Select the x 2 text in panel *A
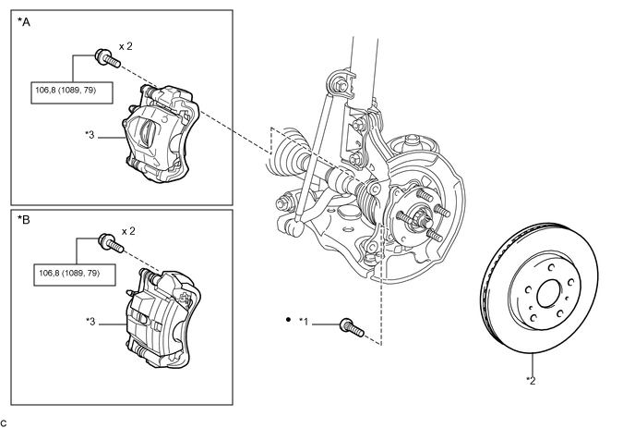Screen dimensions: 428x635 coord(127,45)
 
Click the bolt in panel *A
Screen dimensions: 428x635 coord(107,58)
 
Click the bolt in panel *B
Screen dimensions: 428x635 coord(111,245)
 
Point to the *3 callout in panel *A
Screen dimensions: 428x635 coord(90,135)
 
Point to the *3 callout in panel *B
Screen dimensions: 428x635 coord(90,322)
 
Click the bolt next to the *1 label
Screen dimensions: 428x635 coord(352,326)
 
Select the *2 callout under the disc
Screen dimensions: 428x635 coord(532,380)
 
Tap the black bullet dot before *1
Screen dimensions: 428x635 coord(288,321)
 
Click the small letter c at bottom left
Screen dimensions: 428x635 coord(5,422)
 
